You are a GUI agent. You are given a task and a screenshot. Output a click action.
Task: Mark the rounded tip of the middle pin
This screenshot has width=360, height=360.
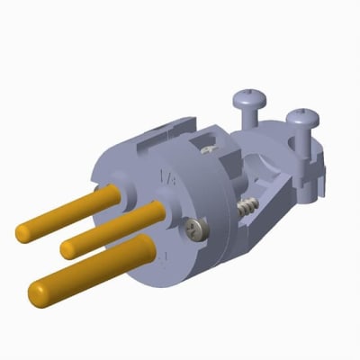pyautogui.click(x=68, y=247)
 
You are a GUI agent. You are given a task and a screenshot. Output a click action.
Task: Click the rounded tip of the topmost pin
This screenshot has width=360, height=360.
pyautogui.click(x=23, y=233)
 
